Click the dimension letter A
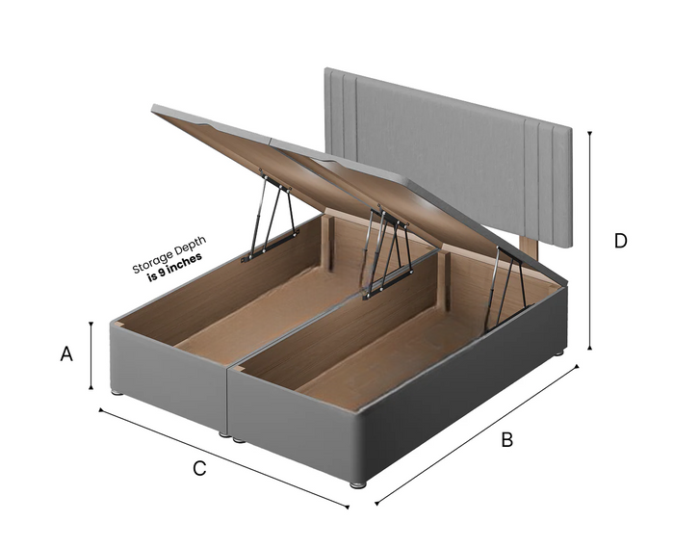point(66,353)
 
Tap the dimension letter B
point(507,440)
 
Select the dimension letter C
point(199,468)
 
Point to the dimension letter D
point(621,241)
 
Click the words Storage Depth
point(168,254)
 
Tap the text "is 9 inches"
point(174,268)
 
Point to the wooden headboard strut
point(530,248)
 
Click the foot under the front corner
point(357,484)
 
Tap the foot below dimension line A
point(117,392)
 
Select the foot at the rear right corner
point(558,352)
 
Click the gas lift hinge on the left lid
point(271,216)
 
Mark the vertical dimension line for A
point(91,355)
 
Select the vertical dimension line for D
point(589,240)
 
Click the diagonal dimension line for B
point(478,435)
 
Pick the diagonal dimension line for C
point(223,458)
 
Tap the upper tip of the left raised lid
point(152,106)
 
